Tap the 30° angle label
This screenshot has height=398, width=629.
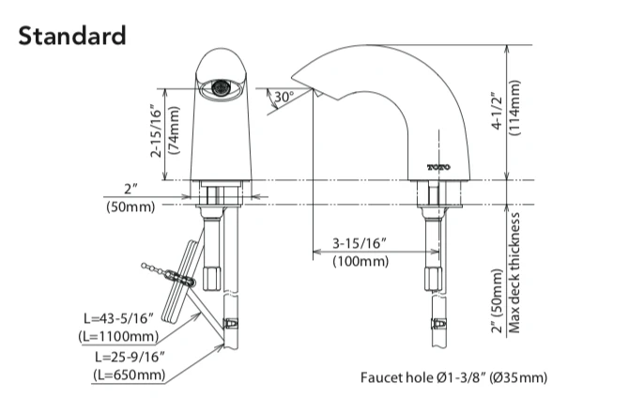click(x=284, y=96)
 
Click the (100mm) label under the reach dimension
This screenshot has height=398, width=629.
click(x=361, y=262)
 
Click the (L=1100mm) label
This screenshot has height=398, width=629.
click(x=117, y=334)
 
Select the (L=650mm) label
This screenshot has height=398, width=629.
click(x=129, y=375)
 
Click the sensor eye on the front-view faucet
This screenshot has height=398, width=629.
click(x=222, y=86)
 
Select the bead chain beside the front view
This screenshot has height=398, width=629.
click(x=163, y=273)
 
